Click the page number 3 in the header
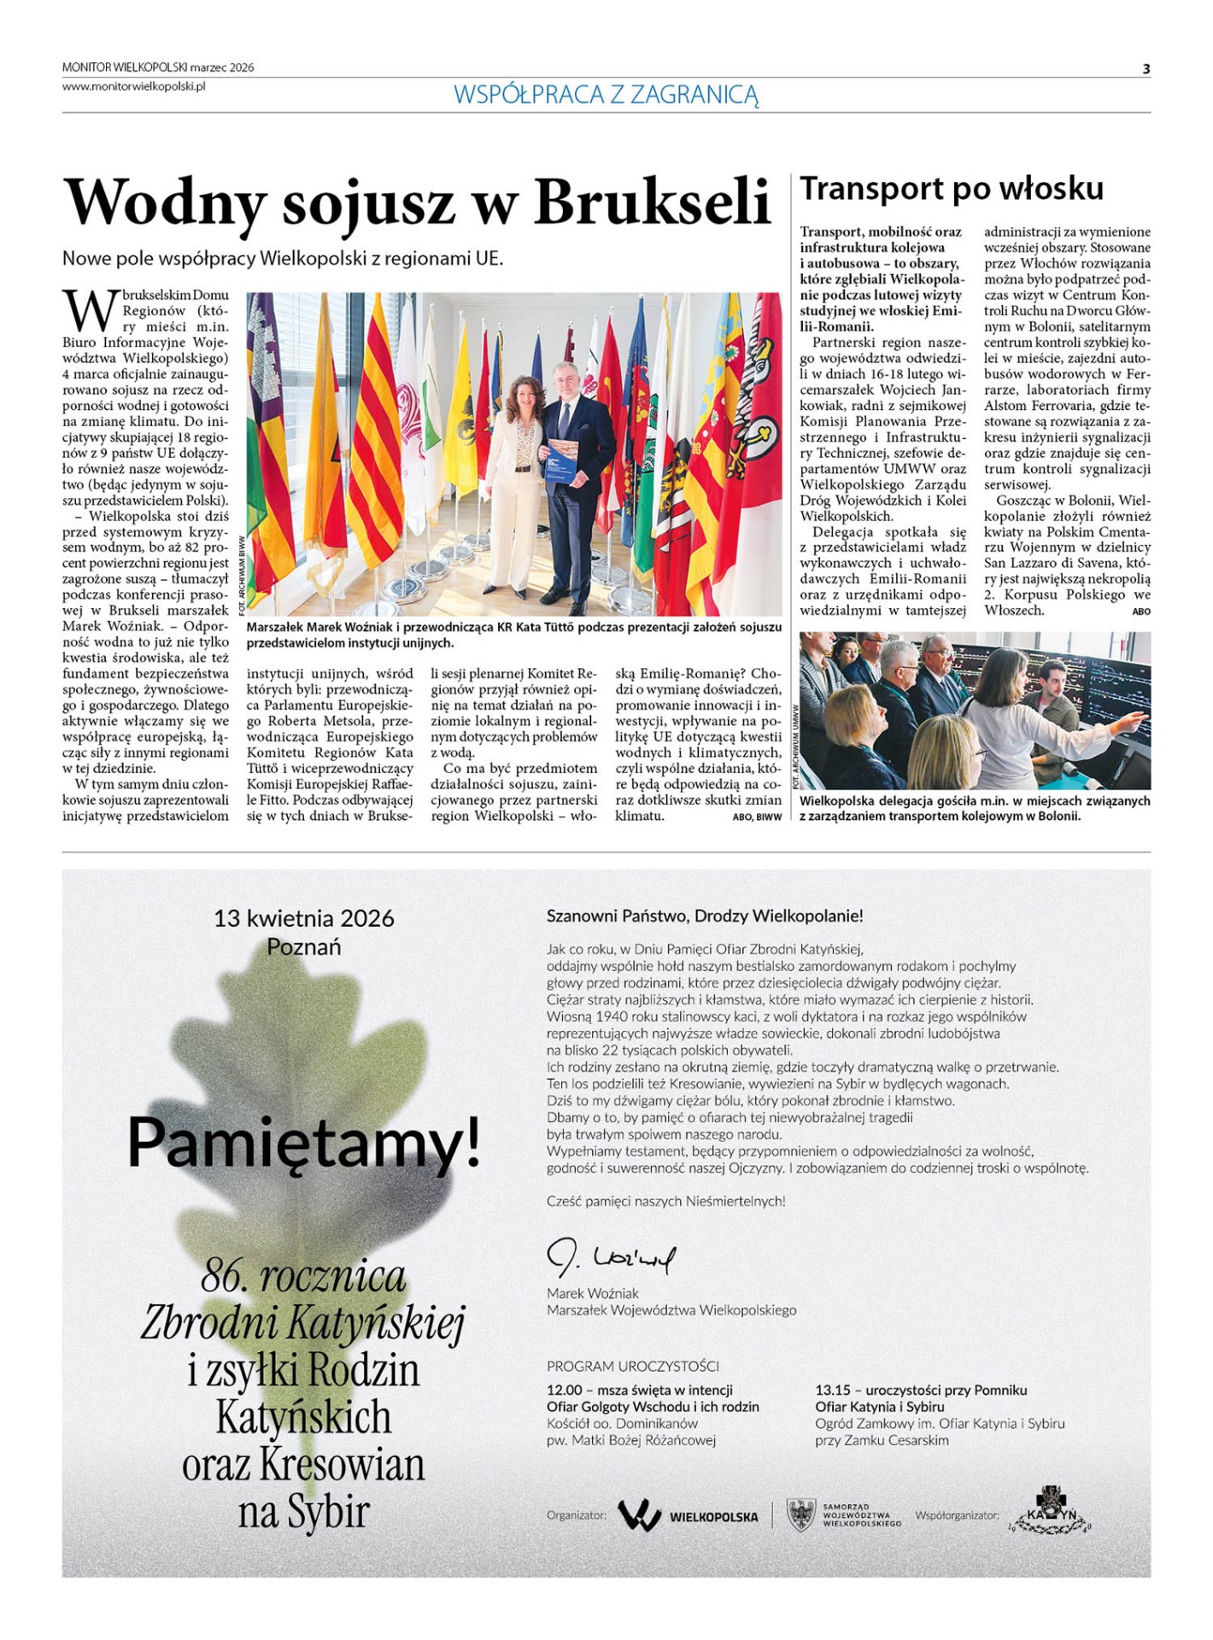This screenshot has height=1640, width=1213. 1146,69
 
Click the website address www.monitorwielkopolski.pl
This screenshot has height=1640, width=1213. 133,86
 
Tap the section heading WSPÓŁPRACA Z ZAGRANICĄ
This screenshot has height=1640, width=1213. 606,95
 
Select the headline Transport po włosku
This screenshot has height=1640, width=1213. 951,189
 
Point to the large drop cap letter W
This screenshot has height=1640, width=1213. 89,310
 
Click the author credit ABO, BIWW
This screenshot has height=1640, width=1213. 757,817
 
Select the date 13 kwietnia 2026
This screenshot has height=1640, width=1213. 304,918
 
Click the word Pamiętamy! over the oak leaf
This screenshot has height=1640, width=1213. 303,1143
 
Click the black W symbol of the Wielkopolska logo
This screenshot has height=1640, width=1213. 640,1516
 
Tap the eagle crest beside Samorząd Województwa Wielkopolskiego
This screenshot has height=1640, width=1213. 800,1515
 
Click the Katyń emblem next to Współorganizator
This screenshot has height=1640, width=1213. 1050,1510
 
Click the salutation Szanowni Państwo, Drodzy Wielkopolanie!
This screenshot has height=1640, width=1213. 705,917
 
